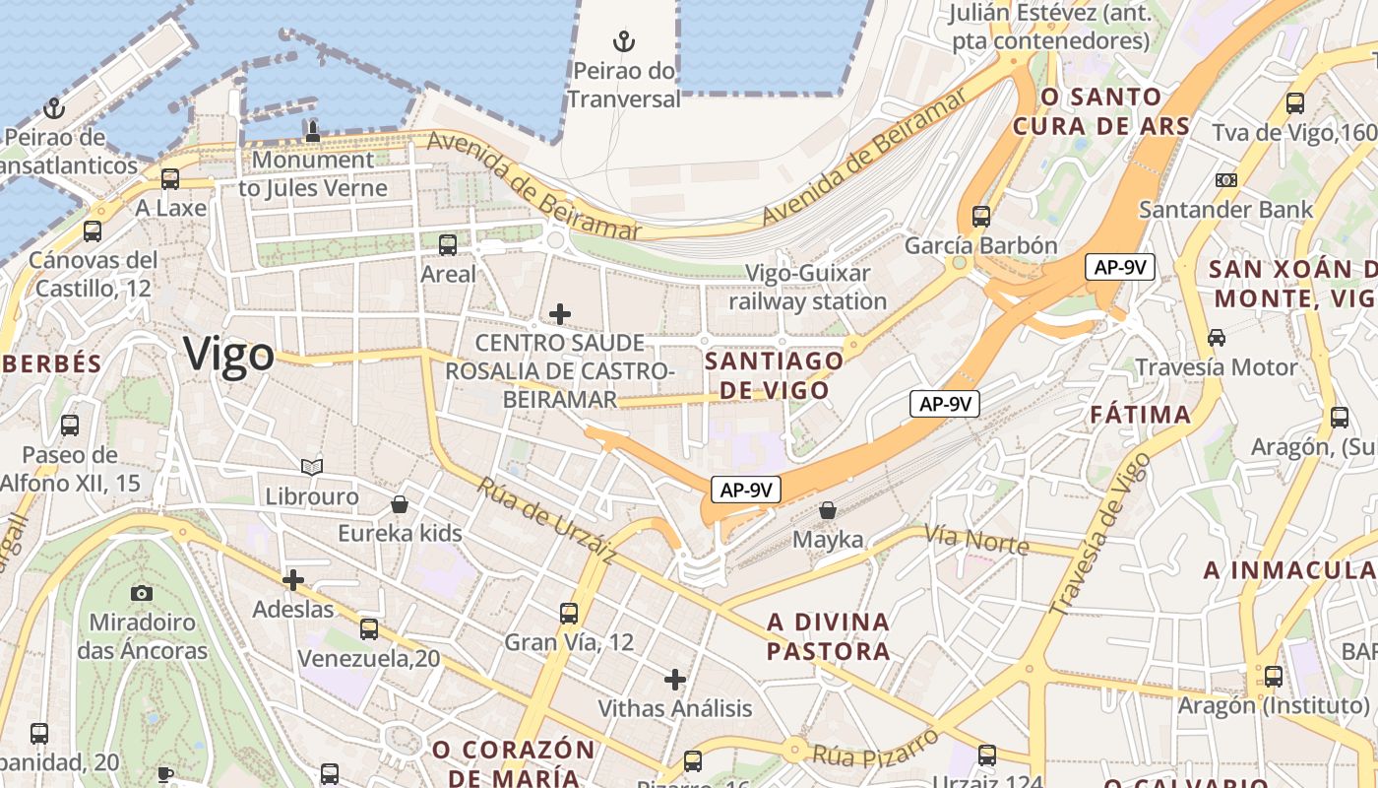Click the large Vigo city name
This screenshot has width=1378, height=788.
tap(228, 355)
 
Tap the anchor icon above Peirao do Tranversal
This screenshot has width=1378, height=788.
tap(624, 41)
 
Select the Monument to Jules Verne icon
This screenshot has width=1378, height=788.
tap(313, 131)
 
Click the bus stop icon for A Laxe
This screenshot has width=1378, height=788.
tap(170, 179)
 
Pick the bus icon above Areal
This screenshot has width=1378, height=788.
tap(448, 245)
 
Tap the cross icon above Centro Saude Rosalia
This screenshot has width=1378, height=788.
tap(560, 314)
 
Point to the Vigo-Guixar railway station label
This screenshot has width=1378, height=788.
tap(807, 287)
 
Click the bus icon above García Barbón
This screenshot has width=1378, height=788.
tap(980, 217)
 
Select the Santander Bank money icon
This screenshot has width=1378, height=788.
tap(1225, 180)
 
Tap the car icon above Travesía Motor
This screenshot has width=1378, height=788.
tap(1217, 338)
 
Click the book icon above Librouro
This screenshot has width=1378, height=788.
tap(312, 467)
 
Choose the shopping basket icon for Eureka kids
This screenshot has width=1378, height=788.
tap(400, 504)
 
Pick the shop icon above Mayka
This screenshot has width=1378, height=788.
tap(828, 510)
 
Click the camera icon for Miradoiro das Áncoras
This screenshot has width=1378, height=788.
tap(142, 593)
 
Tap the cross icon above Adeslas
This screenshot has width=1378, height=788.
tap(292, 580)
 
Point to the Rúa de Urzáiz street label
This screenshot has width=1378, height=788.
tap(547, 521)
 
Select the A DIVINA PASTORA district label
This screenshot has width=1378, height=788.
tap(828, 636)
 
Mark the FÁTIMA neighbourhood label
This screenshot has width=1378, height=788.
tap(1141, 415)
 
